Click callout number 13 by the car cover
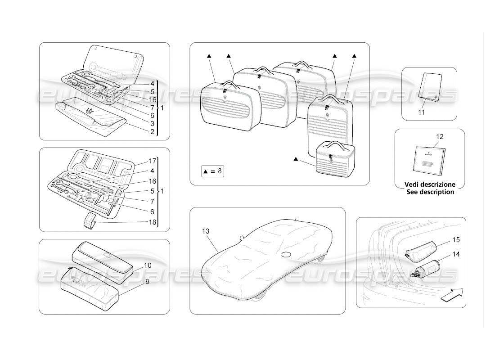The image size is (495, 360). (206, 231)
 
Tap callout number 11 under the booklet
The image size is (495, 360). (421, 112)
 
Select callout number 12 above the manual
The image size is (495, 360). (440, 136)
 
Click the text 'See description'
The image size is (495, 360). (430, 192)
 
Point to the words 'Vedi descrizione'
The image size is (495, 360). (430, 184)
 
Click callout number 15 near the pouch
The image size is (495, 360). (456, 239)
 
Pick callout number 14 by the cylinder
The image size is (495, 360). (456, 254)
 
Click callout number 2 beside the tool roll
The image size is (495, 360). (153, 132)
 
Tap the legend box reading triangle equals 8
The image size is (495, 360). (212, 171)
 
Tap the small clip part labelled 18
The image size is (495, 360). (90, 221)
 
